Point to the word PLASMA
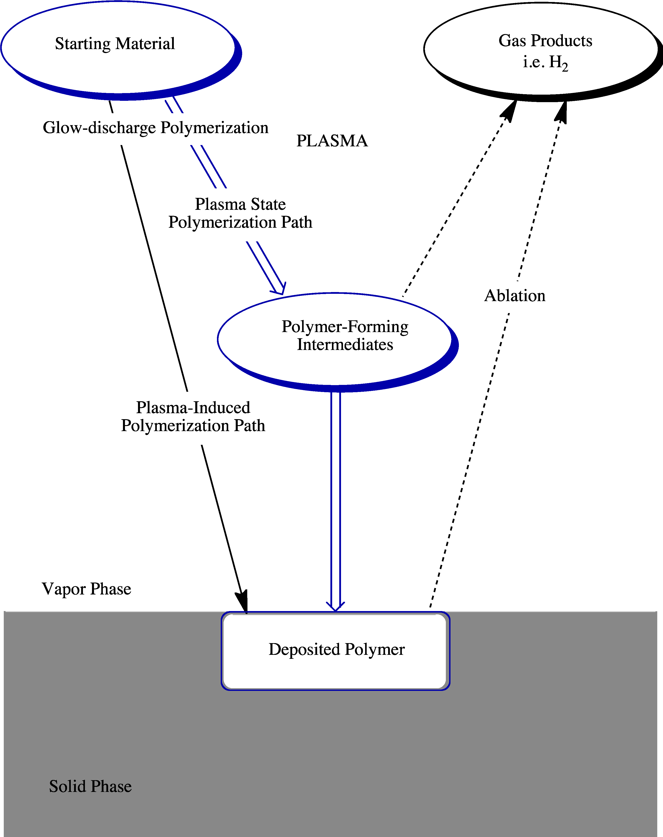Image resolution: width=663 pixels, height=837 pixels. pyautogui.click(x=332, y=141)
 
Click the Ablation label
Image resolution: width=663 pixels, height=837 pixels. pyautogui.click(x=515, y=296)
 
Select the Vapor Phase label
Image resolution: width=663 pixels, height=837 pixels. pyautogui.click(x=86, y=589)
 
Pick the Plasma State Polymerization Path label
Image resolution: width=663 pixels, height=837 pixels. pyautogui.click(x=240, y=213)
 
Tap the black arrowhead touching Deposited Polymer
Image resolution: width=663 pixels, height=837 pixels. pyautogui.click(x=241, y=602)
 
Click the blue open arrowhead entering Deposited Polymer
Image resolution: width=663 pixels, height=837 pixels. pyautogui.click(x=335, y=606)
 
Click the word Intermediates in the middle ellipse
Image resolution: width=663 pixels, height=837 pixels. pyautogui.click(x=345, y=345)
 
